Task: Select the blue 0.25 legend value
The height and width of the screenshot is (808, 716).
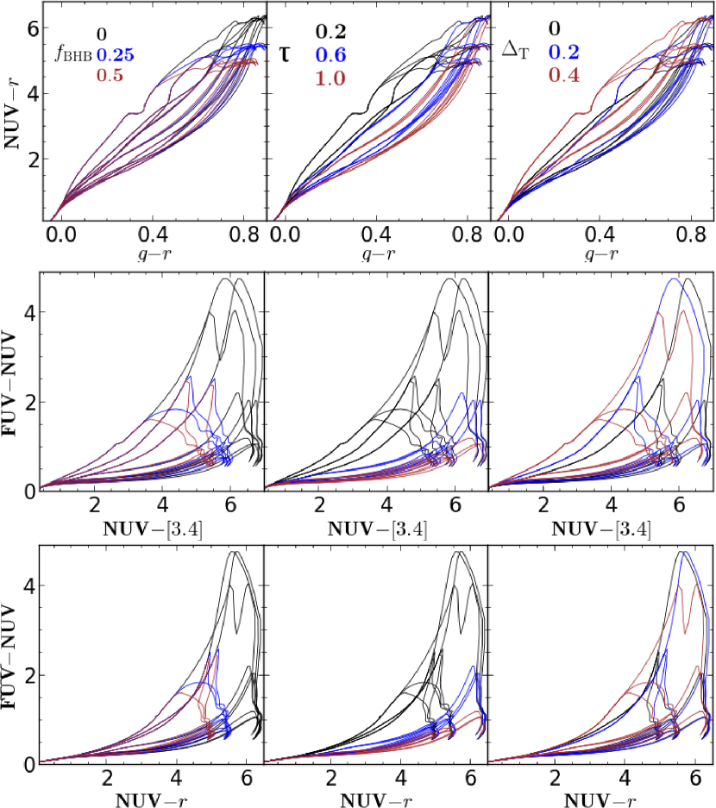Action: coord(114,55)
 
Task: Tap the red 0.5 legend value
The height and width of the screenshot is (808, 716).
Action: coord(110,76)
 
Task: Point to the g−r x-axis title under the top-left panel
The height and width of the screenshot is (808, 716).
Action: coord(154,255)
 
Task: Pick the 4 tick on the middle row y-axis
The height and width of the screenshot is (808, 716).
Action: coord(32,313)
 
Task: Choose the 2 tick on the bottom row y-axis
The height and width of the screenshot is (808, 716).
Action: coord(32,674)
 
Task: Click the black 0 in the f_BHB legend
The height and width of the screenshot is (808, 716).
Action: coord(102,34)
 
